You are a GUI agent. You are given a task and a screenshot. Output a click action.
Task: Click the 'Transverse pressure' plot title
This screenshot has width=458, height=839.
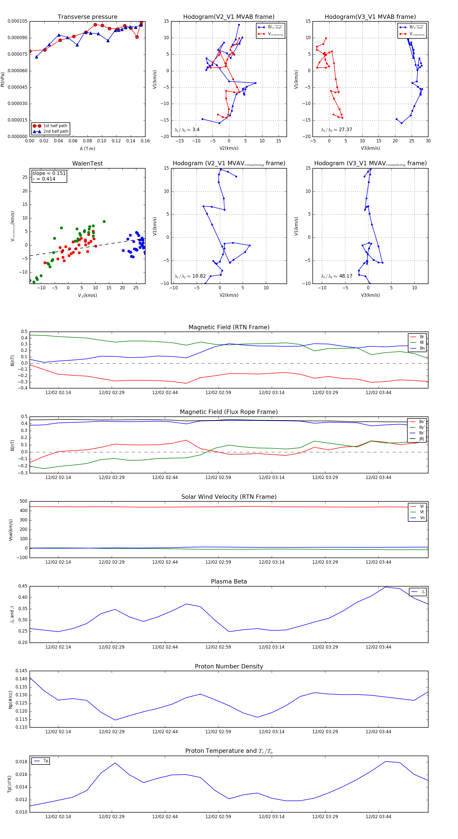coord(87,17)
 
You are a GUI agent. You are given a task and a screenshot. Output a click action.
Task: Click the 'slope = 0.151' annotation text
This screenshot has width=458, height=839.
coord(49,173)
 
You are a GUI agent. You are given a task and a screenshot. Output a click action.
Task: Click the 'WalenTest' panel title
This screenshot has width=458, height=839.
coord(87,163)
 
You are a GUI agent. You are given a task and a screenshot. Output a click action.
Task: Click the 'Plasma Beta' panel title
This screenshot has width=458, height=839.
coord(229,581)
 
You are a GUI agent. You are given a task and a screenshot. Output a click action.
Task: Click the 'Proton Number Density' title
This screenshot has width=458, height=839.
coord(229,666)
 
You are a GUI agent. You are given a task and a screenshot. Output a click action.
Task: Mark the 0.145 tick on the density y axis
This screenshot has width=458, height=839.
coord(21,671)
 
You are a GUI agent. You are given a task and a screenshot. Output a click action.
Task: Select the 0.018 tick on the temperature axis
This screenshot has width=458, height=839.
coord(21,762)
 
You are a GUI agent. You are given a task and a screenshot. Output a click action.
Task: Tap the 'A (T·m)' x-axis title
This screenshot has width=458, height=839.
coord(87,149)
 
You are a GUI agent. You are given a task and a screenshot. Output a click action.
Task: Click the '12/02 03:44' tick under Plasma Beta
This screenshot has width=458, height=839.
coord(378,647)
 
